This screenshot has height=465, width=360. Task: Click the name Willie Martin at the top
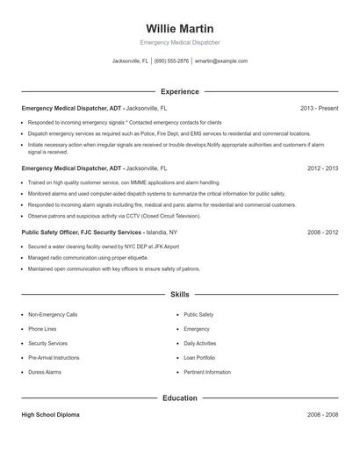pyautogui.click(x=179, y=29)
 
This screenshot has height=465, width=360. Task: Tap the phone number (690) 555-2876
pyautogui.click(x=171, y=61)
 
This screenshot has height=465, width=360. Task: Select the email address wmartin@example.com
pyautogui.click(x=221, y=61)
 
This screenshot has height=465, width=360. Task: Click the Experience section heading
pyautogui.click(x=179, y=91)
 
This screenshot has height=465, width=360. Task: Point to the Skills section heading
pyautogui.click(x=179, y=295)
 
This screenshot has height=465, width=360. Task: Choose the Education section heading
pyautogui.click(x=179, y=397)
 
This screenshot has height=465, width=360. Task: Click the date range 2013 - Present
pyautogui.click(x=319, y=108)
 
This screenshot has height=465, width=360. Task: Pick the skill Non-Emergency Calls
pyautogui.click(x=53, y=314)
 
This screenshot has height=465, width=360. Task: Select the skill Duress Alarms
pyautogui.click(x=45, y=372)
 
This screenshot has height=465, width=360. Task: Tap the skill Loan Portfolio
pyautogui.click(x=199, y=358)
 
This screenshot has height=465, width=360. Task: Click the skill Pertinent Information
pyautogui.click(x=207, y=372)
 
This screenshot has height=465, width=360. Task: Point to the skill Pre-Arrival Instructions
pyautogui.click(x=54, y=358)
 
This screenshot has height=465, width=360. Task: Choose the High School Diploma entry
pyautogui.click(x=51, y=414)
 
